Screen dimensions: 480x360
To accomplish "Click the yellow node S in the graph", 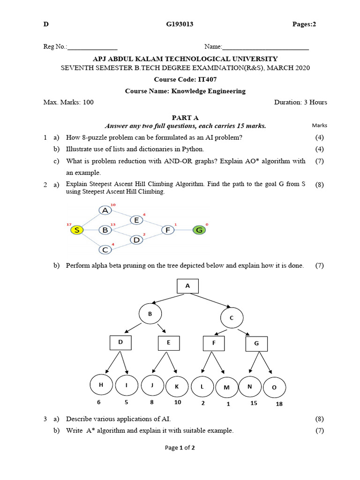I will pyautogui.click(x=77, y=230).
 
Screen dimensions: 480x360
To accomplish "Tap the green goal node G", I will pyautogui.click(x=199, y=230).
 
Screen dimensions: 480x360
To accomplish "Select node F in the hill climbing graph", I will pyautogui.click(x=167, y=230).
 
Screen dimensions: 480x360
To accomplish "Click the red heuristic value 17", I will pyautogui.click(x=69, y=225).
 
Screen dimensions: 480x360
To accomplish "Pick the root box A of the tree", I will pyautogui.click(x=187, y=286).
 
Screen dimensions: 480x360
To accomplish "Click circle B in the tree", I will pyautogui.click(x=150, y=314).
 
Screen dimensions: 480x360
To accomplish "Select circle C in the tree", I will pyautogui.click(x=231, y=318).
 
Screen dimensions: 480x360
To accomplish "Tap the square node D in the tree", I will pyautogui.click(x=120, y=343).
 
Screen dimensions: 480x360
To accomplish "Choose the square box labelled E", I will pyautogui.click(x=169, y=343).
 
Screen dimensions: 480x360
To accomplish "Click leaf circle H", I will pyautogui.click(x=101, y=385).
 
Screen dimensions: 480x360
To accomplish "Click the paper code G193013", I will pyautogui.click(x=180, y=24).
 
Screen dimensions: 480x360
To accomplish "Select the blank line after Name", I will pyautogui.click(x=265, y=47).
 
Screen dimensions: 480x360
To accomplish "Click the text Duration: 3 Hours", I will pyautogui.click(x=300, y=102).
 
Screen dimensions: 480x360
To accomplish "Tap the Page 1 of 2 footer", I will pyautogui.click(x=180, y=448).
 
